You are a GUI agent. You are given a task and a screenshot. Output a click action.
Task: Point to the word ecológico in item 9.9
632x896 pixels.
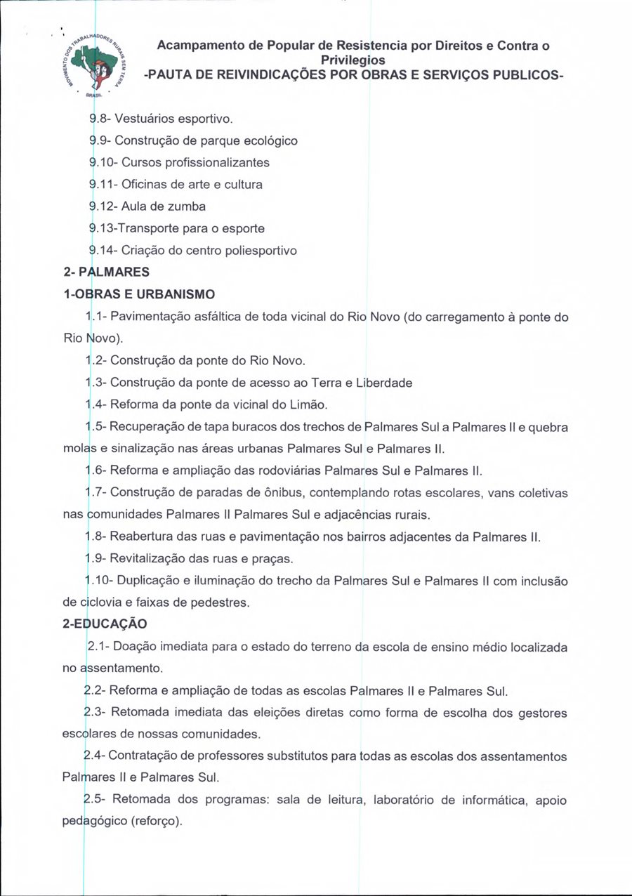270,140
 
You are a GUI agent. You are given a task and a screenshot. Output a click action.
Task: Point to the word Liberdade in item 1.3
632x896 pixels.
383,383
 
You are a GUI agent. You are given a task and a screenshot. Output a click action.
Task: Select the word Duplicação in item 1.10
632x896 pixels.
151,581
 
